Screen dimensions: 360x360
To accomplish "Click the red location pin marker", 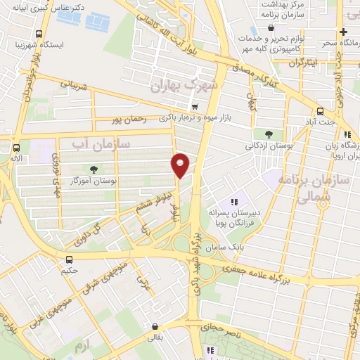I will pyautogui.click(x=181, y=165).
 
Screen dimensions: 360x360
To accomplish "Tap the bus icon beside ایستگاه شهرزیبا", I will pyautogui.click(x=39, y=33).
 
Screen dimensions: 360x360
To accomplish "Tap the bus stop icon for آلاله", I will pyautogui.click(x=15, y=148).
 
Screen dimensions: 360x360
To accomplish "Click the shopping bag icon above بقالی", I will pyautogui.click(x=155, y=326).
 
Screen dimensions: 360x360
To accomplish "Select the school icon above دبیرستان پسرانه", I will pyautogui.click(x=234, y=202).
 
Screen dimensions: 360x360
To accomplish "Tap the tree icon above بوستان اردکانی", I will pyautogui.click(x=269, y=134).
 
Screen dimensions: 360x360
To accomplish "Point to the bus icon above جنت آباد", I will pyautogui.click(x=321, y=111).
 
